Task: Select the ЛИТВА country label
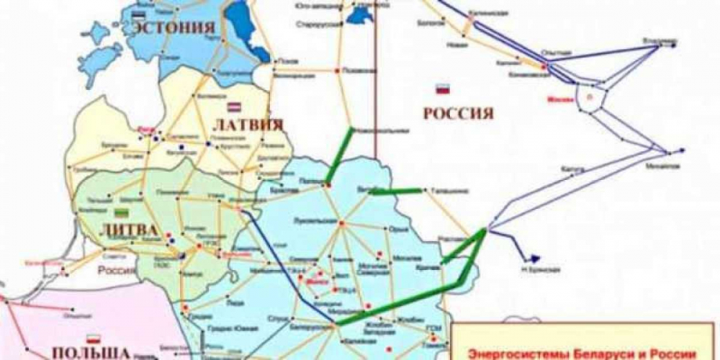pos(120,228)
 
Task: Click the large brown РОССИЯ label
pos(457,114)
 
